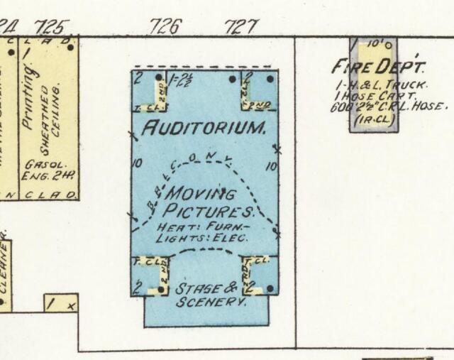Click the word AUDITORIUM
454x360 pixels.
[204, 129]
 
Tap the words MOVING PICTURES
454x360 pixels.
[206, 202]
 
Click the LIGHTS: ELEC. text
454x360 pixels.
[201, 238]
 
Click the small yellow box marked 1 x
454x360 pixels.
[61, 303]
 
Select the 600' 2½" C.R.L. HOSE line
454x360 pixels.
[389, 108]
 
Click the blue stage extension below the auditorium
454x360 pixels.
[206, 312]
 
